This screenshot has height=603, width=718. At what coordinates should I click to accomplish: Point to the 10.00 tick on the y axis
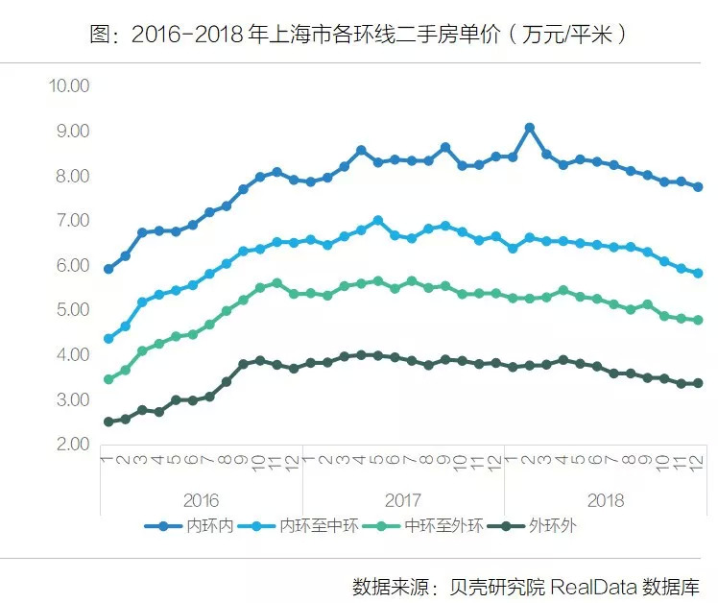tap(68, 85)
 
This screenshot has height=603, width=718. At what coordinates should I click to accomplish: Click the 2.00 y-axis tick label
tap(71, 444)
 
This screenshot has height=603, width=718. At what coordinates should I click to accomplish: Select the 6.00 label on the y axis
tap(71, 265)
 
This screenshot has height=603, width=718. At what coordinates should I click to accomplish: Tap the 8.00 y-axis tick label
tap(71, 176)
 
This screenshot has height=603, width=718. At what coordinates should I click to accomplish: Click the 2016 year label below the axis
tap(200, 500)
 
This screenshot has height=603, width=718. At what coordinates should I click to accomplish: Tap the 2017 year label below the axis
tap(402, 500)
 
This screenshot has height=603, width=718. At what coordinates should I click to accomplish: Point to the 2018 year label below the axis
tap(605, 500)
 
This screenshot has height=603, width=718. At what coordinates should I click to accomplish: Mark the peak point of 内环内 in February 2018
tap(529, 128)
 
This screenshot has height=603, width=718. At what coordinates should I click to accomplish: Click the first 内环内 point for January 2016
tap(108, 269)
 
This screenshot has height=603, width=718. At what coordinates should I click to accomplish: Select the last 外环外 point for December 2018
tap(698, 383)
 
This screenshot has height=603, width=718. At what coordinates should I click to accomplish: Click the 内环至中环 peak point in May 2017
tap(377, 220)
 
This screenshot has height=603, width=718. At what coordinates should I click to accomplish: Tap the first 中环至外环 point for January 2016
tap(108, 379)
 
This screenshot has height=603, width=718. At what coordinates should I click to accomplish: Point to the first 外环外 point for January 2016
tap(108, 422)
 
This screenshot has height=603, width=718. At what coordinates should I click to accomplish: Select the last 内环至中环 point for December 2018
tap(698, 274)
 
